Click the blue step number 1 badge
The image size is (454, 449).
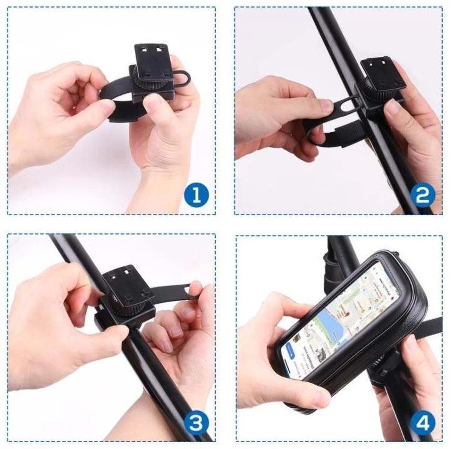pyautogui.click(x=196, y=195)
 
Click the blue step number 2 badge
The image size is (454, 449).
pyautogui.click(x=422, y=195)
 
